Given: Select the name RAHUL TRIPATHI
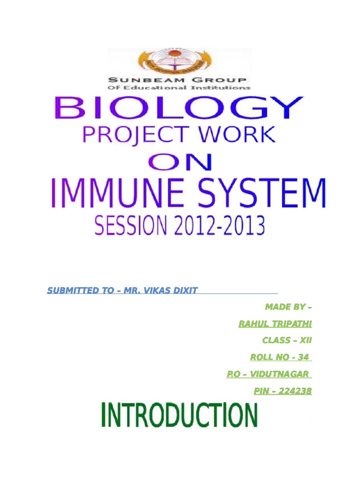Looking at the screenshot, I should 275,324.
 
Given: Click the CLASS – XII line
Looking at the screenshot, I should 287,341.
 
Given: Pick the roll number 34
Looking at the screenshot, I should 303,357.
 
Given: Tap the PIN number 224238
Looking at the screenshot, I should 295,390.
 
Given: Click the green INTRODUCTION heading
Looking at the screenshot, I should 179,415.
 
